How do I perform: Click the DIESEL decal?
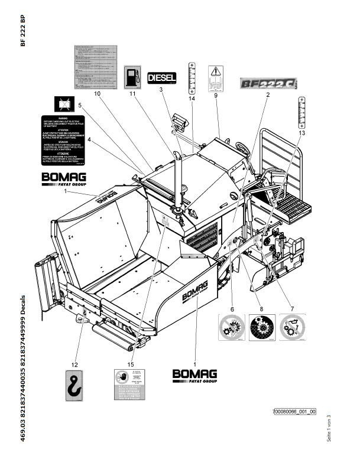[162, 77]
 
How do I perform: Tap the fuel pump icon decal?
[132, 77]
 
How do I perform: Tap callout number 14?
[192, 98]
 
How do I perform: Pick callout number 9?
[216, 95]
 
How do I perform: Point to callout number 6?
[232, 309]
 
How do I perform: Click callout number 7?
[291, 309]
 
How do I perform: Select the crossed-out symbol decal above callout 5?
[63, 105]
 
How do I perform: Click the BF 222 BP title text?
[22, 31]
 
